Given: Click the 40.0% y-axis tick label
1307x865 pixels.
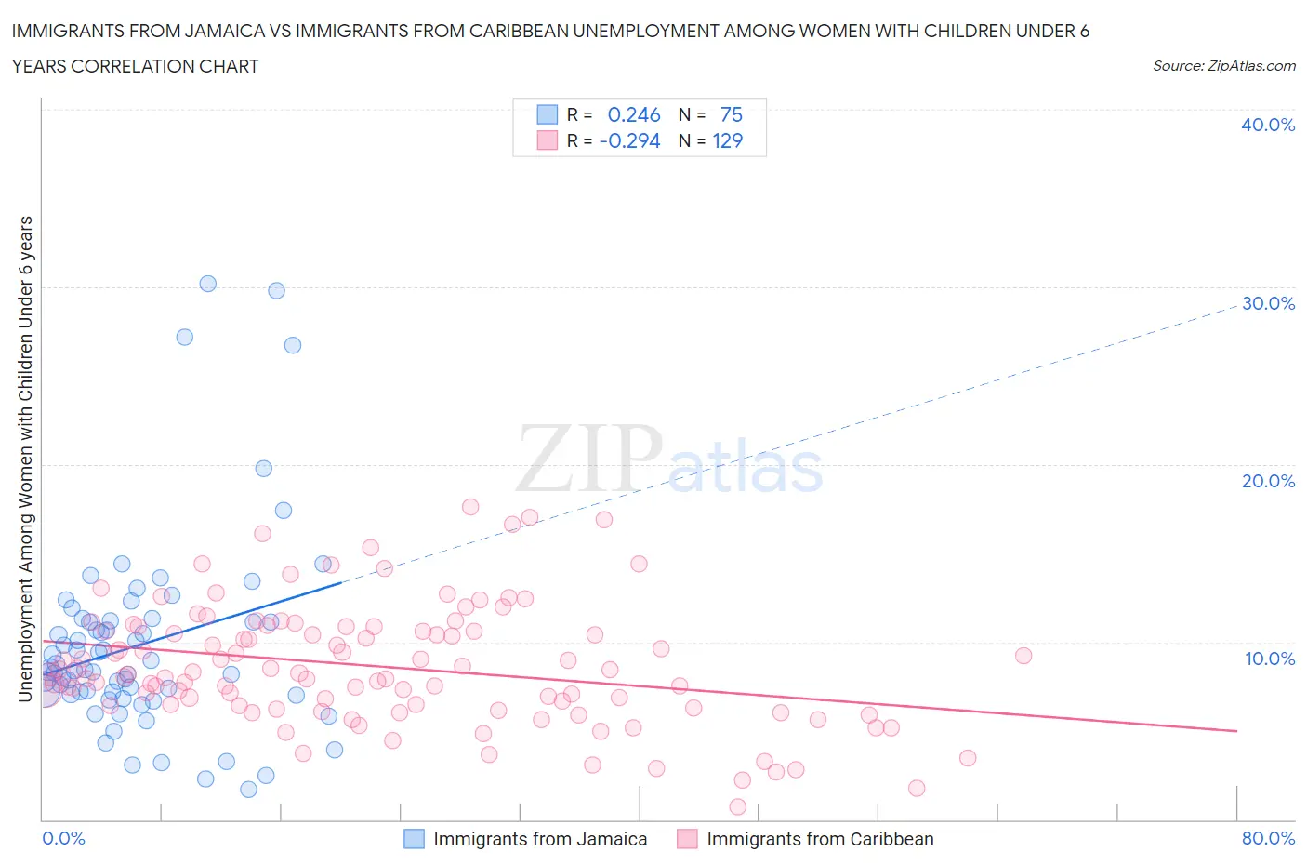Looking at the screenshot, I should pos(1267,125).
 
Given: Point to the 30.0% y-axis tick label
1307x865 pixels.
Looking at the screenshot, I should pos(1267,303).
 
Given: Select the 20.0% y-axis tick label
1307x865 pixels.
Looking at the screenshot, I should pos(1267,481).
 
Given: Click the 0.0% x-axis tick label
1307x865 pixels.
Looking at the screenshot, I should pos(64,838).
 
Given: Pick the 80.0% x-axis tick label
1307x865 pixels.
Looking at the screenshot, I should pos(1268,838).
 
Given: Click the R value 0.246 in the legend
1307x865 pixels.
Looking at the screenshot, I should pos(633,114).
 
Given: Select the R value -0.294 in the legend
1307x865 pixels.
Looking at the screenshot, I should pos(629,140).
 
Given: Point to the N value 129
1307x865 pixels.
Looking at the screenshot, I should pos(727,140).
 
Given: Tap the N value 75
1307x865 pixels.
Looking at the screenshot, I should pos(731,114).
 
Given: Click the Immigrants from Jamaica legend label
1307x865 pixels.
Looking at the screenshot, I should pos(540,839).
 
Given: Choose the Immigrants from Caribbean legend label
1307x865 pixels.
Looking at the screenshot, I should pos(820,839).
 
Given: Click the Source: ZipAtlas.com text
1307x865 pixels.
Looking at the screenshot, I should pos(1223,66).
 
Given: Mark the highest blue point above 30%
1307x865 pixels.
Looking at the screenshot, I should pos(208,284).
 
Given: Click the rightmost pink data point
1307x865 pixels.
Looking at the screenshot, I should pos(1023,656).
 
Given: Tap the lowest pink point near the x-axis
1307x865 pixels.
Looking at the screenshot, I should pos(738,806).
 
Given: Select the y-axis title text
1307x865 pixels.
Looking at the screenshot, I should pos(26,459).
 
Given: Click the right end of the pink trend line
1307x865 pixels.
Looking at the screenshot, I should pos(1236,731).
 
